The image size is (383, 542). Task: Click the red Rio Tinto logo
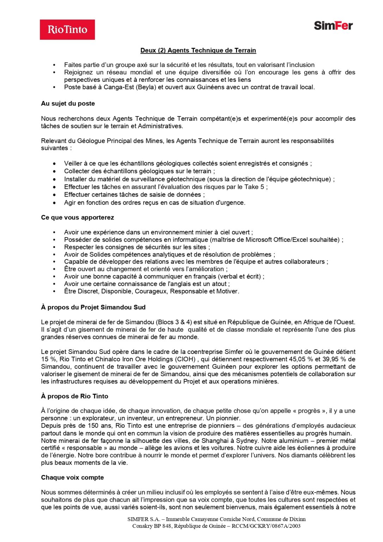(67, 30)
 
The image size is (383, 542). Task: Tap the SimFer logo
(333, 25)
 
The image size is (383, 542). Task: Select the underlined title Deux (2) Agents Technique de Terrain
(198, 50)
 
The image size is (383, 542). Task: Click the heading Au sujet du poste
(68, 103)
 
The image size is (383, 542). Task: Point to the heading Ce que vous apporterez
(77, 217)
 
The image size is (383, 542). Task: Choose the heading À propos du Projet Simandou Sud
(93, 307)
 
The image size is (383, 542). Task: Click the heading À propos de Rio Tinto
(74, 396)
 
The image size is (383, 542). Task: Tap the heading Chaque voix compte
(72, 477)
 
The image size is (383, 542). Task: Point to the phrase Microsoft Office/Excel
(275, 240)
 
